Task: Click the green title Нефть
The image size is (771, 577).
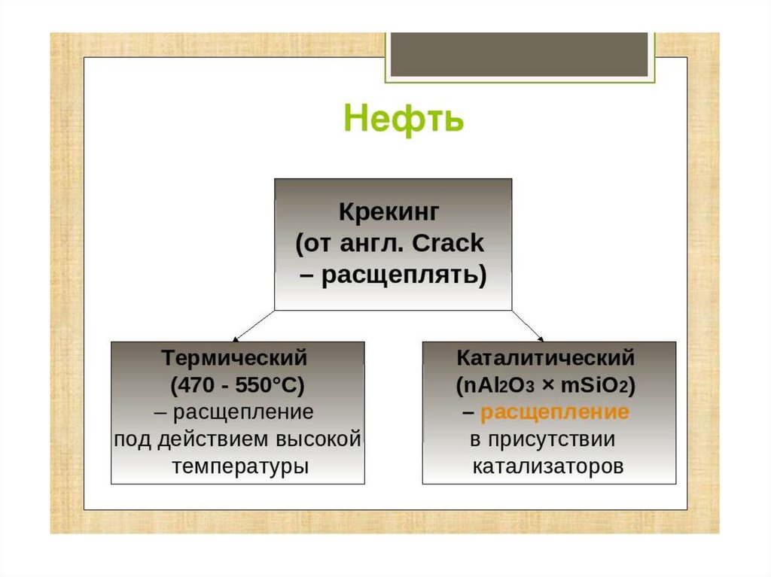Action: tap(404, 120)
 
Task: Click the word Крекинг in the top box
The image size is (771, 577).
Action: tap(392, 211)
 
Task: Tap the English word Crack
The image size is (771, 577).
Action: tap(453, 244)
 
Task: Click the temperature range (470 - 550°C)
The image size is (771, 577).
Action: tap(237, 386)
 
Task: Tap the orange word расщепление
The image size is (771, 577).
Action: tap(555, 412)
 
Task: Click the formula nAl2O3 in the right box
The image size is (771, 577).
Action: tap(496, 386)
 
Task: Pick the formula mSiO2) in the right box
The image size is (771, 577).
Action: tap(599, 386)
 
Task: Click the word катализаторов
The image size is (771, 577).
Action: tap(548, 466)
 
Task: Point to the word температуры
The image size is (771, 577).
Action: tap(240, 466)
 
